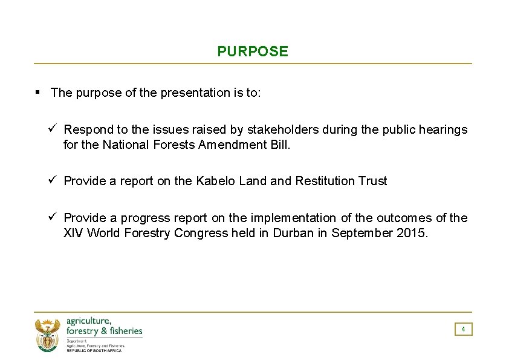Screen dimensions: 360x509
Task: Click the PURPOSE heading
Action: click(253, 51)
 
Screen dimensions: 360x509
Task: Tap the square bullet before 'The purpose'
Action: click(37, 93)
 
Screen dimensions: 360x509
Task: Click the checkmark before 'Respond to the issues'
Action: click(53, 129)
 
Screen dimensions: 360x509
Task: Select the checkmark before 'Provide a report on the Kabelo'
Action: click(53, 180)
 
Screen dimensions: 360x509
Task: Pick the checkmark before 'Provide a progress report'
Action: click(53, 217)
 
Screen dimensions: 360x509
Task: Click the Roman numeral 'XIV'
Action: click(74, 233)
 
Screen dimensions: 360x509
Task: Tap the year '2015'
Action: click(413, 233)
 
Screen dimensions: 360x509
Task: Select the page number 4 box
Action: click(463, 329)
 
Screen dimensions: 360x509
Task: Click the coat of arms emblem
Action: click(47, 335)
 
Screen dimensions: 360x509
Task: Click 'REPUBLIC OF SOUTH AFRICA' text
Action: click(94, 351)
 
